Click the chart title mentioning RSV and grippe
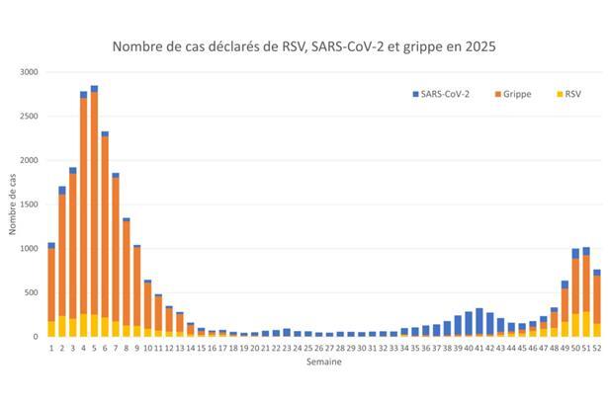point(304,45)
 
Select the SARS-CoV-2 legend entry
point(443,94)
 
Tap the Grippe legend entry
point(513,94)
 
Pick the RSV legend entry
point(567,94)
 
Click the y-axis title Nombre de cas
point(12,204)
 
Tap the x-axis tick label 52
point(597,347)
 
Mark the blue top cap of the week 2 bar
point(62,190)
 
